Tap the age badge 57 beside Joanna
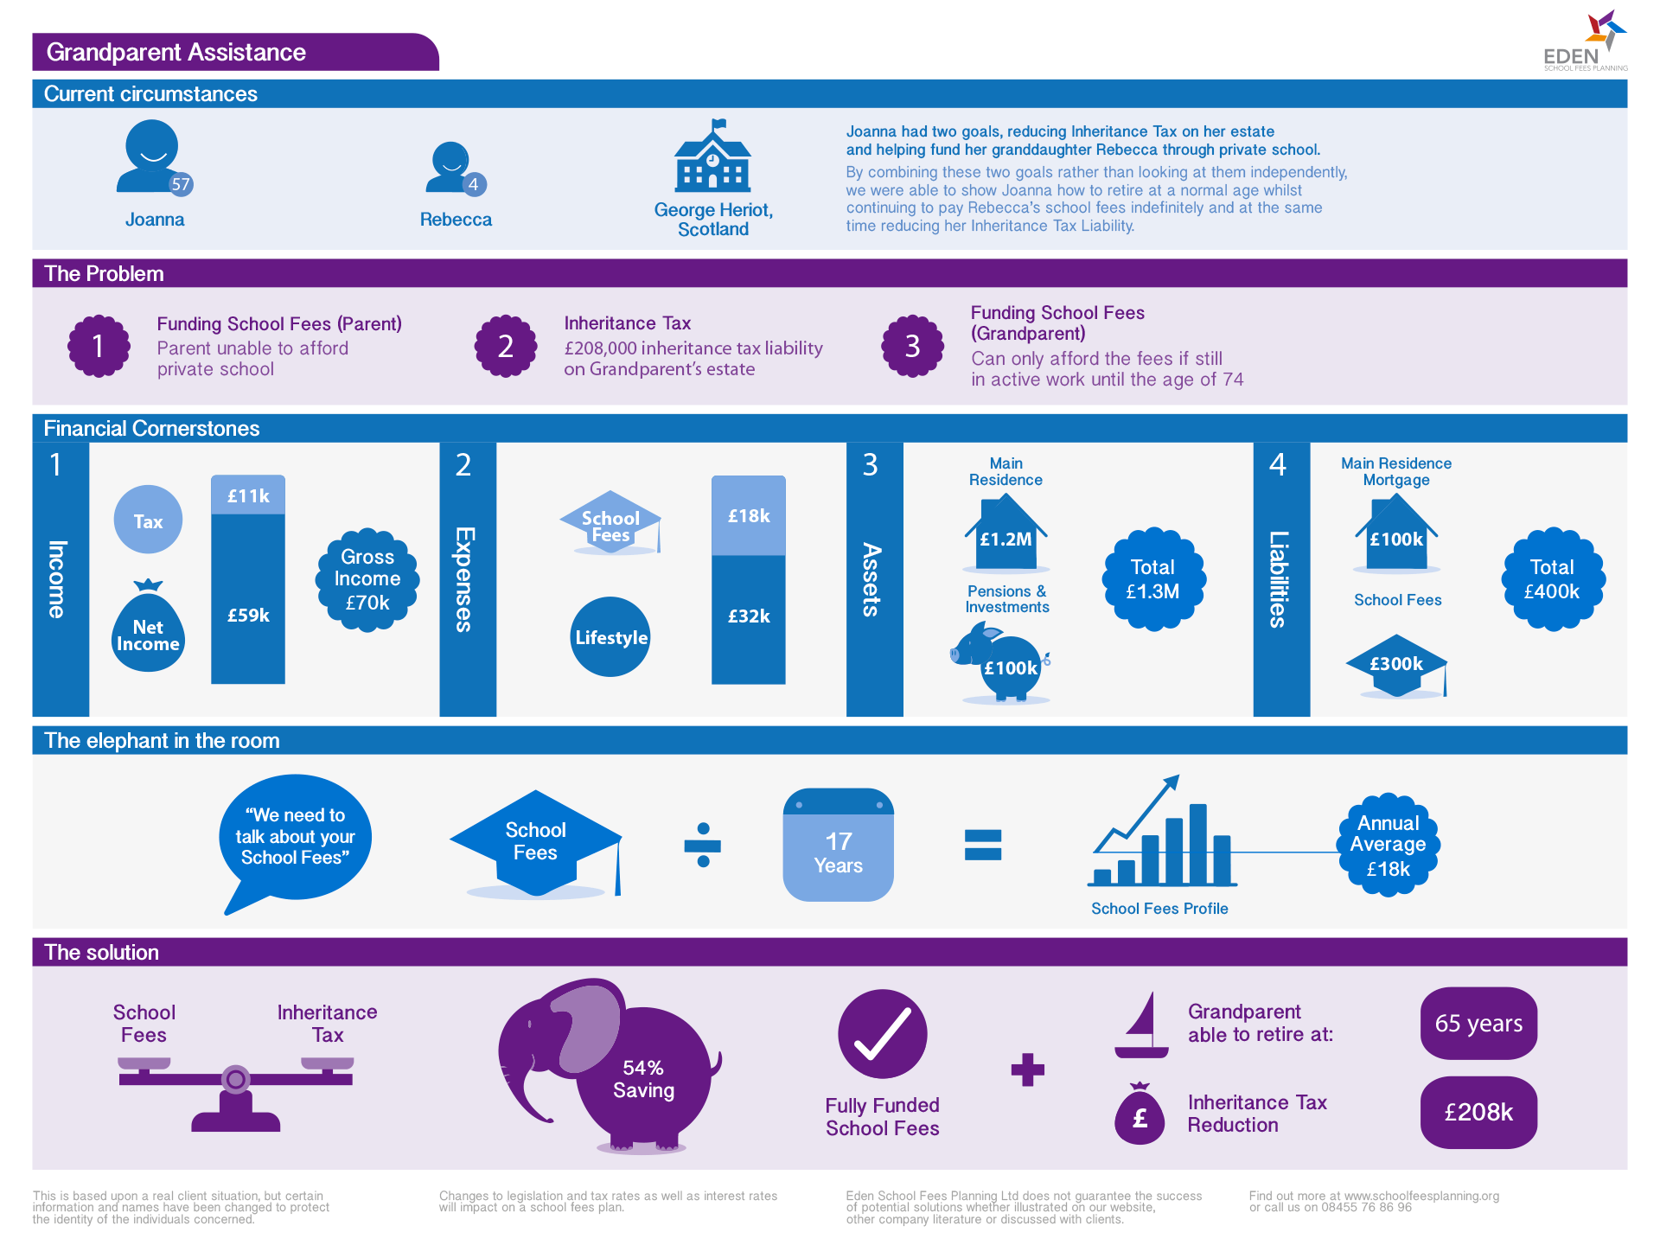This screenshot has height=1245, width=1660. [180, 184]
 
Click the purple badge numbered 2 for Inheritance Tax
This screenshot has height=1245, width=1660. [506, 346]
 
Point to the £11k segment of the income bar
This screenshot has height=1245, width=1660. [248, 495]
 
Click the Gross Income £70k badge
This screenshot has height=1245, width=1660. [367, 579]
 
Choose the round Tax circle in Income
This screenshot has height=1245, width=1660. [148, 520]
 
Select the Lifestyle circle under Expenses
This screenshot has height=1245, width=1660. [610, 637]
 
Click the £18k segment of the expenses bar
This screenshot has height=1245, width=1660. [749, 516]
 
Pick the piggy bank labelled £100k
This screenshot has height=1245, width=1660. [1006, 666]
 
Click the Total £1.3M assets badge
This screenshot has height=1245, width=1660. [1153, 579]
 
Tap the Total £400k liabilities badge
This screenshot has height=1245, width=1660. [1553, 579]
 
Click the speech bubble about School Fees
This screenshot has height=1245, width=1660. [295, 836]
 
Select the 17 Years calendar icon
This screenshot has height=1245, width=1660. [838, 845]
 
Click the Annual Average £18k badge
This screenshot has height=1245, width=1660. [1388, 845]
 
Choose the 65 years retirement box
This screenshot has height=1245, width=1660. [1478, 1024]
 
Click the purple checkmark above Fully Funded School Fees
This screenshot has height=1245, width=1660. [882, 1034]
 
